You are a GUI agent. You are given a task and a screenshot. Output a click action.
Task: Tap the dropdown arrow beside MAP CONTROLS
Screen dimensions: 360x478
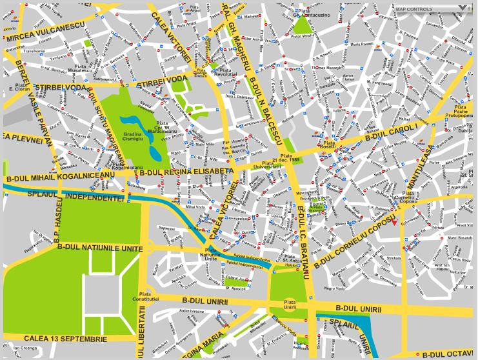pos(462,8)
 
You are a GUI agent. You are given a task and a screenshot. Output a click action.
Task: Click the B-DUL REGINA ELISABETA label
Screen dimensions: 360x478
pos(185,172)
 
